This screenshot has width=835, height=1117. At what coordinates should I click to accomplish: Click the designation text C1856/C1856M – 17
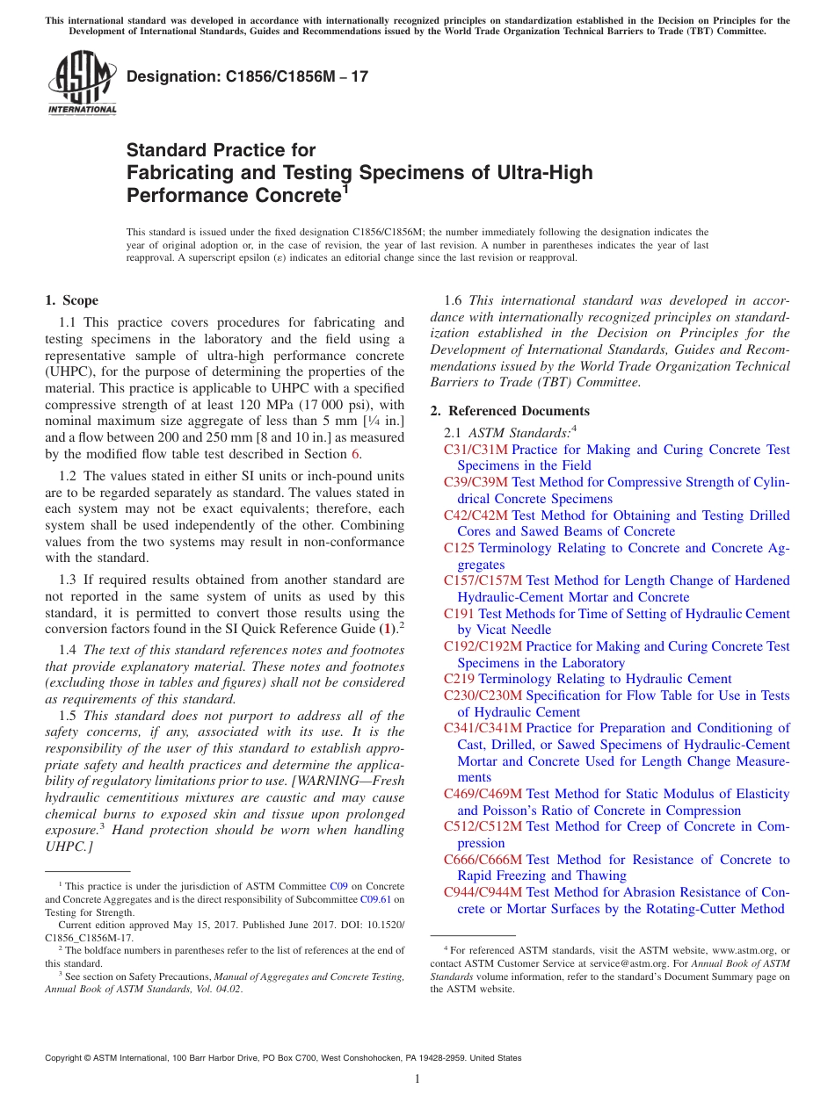(247, 77)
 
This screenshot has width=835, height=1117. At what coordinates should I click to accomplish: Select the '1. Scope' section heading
(71, 300)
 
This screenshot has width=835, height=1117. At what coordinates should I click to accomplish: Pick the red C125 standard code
(459, 548)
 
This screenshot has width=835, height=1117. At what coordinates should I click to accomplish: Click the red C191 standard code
(459, 614)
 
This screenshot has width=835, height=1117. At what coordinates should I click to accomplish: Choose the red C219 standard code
(459, 679)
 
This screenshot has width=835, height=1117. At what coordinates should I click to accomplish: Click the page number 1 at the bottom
(417, 1078)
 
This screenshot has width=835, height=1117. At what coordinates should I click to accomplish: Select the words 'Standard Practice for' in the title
(221, 150)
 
